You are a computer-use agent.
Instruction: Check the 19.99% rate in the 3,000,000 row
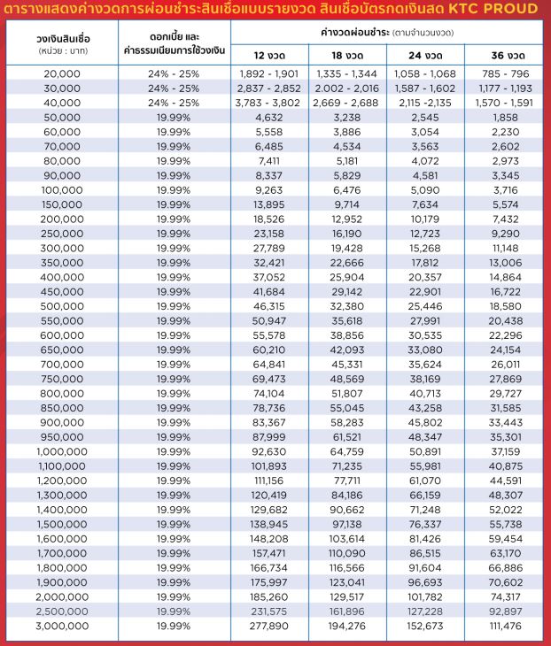174,626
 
